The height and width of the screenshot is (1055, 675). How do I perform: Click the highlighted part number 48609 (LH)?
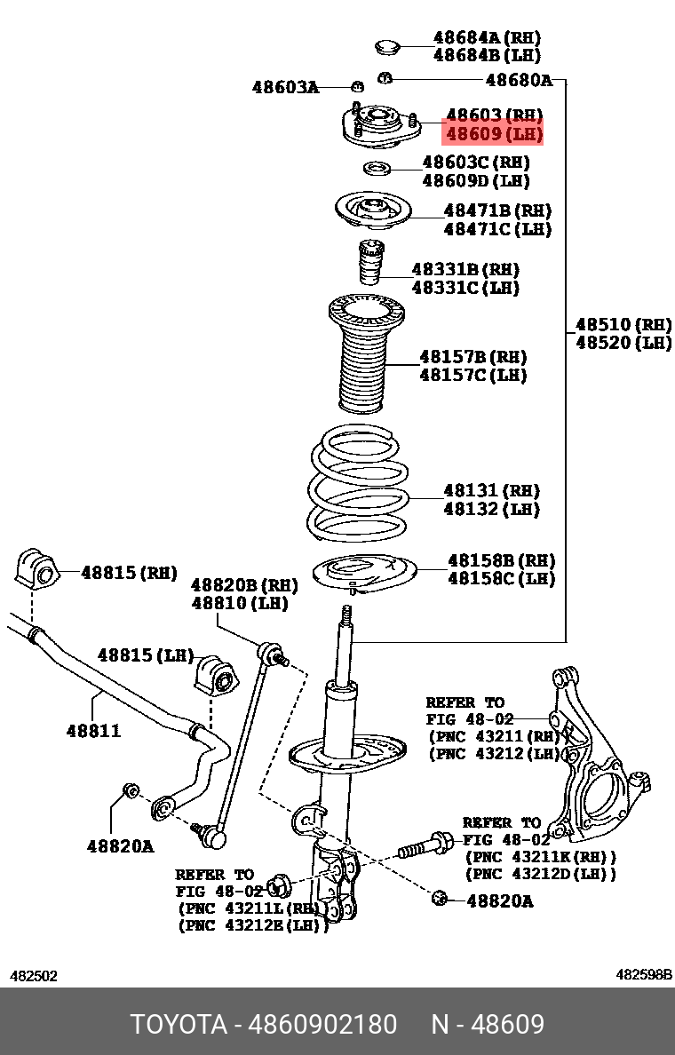pos(493,134)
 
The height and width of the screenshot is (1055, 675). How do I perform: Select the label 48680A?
pos(519,81)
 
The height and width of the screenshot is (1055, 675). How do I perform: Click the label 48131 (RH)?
pos(492,490)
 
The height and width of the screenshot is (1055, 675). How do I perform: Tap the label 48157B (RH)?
pos(473,357)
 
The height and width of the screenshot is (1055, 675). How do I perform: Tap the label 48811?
pos(93,731)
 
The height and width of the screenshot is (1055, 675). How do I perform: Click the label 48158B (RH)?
pos(502,560)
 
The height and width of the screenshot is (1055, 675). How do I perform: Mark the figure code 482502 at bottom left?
pos(34,976)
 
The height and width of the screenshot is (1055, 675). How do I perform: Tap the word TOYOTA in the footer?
pos(179,1025)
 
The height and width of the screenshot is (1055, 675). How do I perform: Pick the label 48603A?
pos(284,87)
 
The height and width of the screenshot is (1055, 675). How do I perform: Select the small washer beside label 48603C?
pos(377,168)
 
